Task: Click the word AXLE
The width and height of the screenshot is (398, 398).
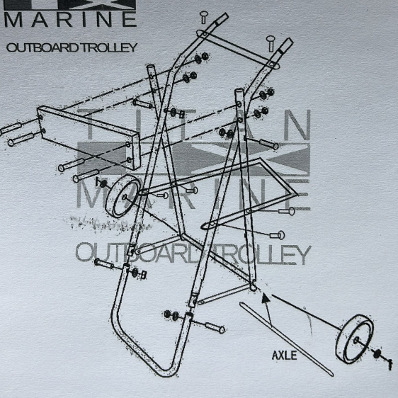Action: point(284,355)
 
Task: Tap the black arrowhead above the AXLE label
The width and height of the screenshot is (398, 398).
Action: point(266,297)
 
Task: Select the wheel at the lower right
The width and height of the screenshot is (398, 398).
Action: point(355,339)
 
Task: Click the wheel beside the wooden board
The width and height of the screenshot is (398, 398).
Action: point(123,196)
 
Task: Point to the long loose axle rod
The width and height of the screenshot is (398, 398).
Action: point(286,339)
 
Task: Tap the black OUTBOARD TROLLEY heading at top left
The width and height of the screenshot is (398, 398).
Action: point(72,47)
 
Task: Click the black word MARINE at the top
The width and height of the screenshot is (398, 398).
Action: point(70,19)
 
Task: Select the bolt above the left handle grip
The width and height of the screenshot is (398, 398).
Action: point(203,17)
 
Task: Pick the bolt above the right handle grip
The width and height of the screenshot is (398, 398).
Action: point(271,43)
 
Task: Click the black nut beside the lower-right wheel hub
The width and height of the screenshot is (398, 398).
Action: point(377,353)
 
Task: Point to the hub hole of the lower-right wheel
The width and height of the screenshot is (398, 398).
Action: point(356,340)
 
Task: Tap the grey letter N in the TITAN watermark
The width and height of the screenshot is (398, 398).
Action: point(297,125)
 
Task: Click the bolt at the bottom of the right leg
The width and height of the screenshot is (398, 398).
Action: point(215,327)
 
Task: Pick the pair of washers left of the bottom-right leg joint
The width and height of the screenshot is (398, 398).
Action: point(171,315)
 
